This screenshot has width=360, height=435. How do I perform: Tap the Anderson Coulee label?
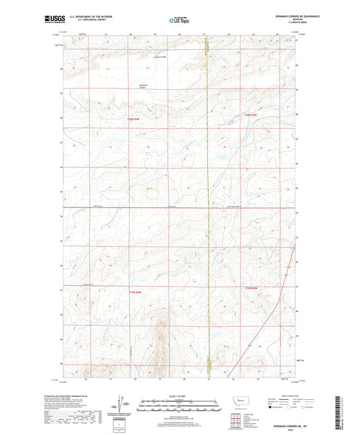pyautogui.click(x=143, y=85)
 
